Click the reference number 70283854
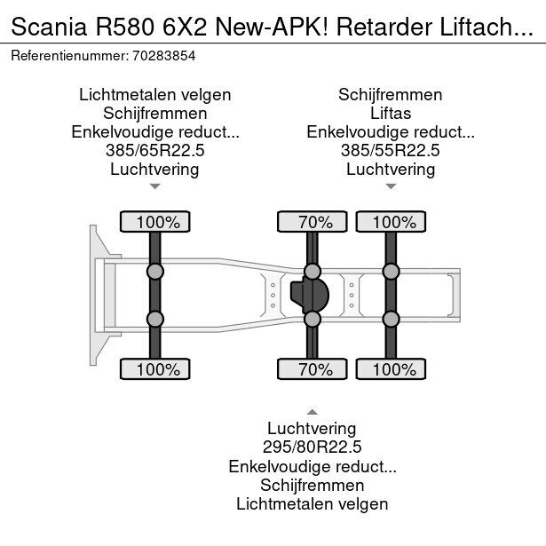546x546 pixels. click(164, 55)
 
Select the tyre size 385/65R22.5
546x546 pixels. click(154, 151)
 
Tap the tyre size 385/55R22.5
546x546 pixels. click(391, 151)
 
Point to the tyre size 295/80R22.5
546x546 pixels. click(312, 447)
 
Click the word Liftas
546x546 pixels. click(391, 114)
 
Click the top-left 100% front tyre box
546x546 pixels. click(154, 221)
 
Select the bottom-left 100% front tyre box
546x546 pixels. click(154, 368)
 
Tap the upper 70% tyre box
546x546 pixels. click(313, 221)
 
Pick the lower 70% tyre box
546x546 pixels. click(313, 368)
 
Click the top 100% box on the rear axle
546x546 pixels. click(391, 221)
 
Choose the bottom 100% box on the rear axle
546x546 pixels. click(391, 368)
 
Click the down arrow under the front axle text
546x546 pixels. click(154, 186)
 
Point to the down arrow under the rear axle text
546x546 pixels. click(391, 186)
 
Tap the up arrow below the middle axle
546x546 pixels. click(312, 411)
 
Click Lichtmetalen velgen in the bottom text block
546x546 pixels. click(312, 503)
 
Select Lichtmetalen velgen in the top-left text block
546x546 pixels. click(154, 95)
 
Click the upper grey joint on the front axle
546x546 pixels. click(154, 271)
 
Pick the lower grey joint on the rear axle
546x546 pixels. click(391, 319)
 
